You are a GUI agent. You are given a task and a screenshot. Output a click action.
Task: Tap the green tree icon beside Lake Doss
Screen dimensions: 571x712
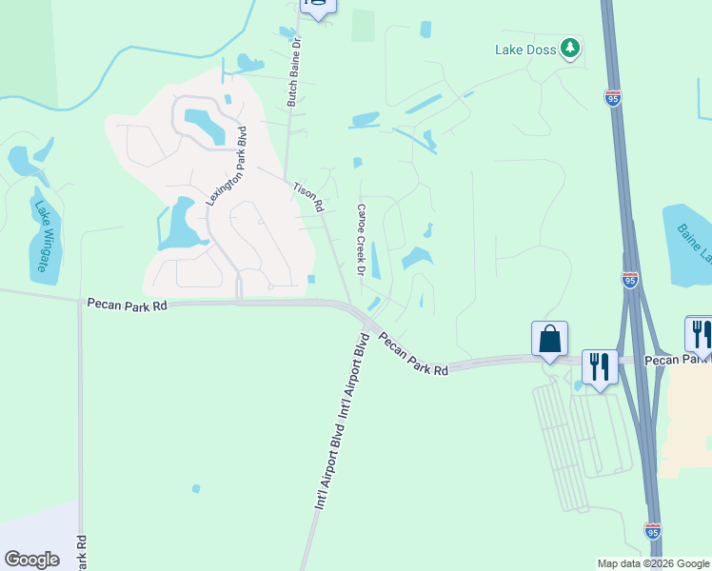tap(570, 48)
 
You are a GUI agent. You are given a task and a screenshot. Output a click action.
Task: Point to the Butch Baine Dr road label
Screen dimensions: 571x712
tap(293, 71)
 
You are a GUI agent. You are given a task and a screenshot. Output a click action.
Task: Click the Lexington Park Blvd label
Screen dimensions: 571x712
tap(227, 166)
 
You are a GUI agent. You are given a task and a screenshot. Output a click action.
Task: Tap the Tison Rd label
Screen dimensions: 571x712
tap(307, 198)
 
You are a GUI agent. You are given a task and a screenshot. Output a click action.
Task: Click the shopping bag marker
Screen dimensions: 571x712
tap(550, 339)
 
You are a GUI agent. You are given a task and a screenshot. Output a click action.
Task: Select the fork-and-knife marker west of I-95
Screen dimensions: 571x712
tap(600, 365)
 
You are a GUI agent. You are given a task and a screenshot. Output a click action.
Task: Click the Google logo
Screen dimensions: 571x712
tap(31, 559)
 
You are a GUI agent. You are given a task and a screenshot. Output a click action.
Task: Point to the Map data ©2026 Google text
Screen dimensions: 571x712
tap(652, 563)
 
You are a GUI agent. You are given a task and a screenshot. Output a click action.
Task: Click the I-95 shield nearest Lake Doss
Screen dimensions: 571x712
tap(613, 98)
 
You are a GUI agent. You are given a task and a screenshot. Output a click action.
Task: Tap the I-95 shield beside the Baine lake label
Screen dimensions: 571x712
tap(630, 280)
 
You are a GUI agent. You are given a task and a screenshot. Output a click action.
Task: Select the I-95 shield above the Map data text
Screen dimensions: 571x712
tap(653, 529)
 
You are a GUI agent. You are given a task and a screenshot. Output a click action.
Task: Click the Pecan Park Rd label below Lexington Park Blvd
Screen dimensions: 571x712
tap(127, 304)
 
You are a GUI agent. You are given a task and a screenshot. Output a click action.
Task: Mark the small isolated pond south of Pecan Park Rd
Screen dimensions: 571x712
tap(196, 489)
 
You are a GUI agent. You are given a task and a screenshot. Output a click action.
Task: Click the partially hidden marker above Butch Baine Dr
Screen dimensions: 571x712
tap(317, 7)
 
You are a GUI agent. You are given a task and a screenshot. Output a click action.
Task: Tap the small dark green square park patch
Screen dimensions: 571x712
tap(363, 26)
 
